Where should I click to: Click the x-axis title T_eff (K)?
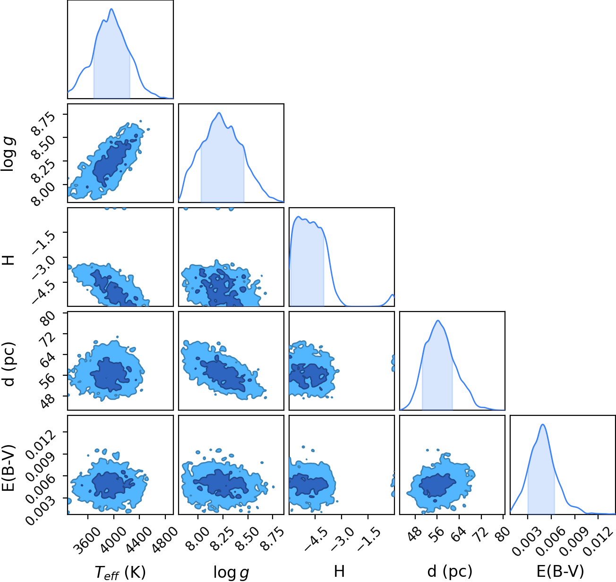[x=120, y=572]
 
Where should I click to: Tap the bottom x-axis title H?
[x=339, y=571]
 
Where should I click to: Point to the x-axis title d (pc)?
[x=450, y=572]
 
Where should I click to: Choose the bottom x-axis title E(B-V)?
[x=561, y=572]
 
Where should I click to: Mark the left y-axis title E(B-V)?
[x=9, y=468]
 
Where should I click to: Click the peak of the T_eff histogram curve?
[x=111, y=9]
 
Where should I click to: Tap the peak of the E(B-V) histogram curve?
[x=543, y=424]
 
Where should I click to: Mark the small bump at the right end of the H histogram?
[x=392, y=295]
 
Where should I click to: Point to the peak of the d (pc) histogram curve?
[x=438, y=321]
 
